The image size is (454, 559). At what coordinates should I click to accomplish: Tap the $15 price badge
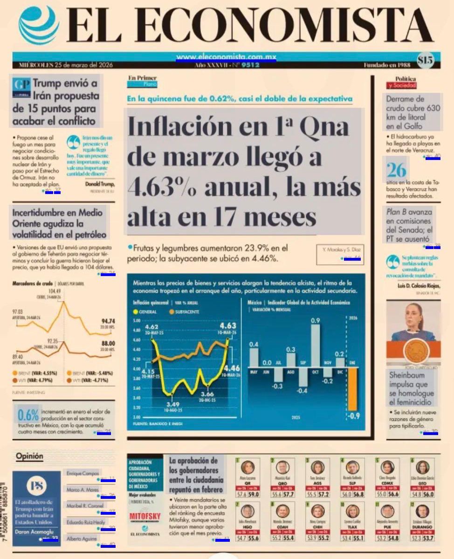(425, 60)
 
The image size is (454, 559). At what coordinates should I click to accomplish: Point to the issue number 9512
(250, 65)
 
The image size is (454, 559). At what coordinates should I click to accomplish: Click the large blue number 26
(396, 171)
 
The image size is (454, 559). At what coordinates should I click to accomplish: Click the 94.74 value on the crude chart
(108, 321)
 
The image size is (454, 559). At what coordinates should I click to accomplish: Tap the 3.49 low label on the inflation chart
(172, 404)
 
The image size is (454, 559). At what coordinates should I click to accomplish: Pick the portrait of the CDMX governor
(387, 467)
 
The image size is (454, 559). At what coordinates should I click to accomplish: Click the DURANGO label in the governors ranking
(422, 527)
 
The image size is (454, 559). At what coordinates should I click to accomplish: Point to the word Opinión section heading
(29, 456)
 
